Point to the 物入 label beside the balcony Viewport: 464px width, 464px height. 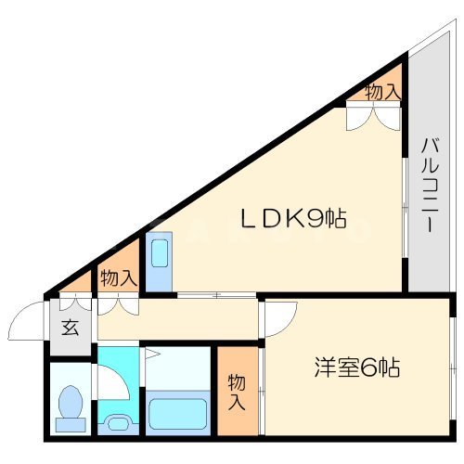[382, 92]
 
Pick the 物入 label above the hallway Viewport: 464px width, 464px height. [118, 277]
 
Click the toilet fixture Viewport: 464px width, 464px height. [70, 408]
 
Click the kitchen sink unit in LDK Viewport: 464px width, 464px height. [159, 260]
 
